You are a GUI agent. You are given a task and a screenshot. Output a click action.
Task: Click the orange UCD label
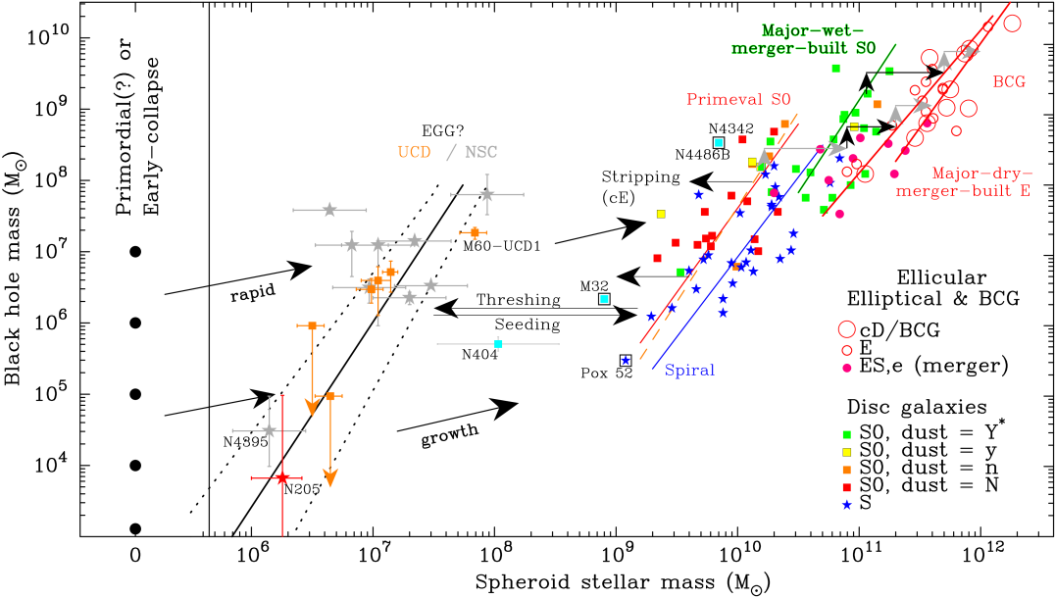coord(414,152)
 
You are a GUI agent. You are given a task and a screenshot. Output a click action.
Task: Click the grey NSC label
coord(480,152)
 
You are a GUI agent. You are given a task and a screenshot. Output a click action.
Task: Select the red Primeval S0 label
coord(737,100)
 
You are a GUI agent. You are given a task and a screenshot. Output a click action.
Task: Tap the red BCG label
coord(1008,82)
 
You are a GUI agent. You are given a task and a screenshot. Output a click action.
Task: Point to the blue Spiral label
coord(689,371)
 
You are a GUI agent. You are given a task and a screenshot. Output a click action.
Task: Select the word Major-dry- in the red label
coord(981,174)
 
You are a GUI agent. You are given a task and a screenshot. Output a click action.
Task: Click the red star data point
coord(282,478)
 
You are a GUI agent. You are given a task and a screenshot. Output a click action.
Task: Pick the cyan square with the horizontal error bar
coord(498,344)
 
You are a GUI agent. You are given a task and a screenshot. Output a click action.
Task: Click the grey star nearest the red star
coord(270,430)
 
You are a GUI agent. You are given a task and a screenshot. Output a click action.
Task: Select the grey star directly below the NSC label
coord(486,195)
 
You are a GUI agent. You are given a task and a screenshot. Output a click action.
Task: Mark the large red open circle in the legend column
coord(847,329)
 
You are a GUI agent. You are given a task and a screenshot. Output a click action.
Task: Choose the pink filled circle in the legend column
coord(847,369)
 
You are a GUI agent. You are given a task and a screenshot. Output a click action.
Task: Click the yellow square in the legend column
coord(847,452)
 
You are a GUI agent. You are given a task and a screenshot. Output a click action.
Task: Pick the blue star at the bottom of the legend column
coord(847,505)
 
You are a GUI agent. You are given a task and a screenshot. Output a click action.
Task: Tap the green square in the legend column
coord(847,434)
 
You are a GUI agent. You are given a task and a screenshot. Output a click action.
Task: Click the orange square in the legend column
coord(847,470)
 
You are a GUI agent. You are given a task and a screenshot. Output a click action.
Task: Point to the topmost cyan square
coord(719,142)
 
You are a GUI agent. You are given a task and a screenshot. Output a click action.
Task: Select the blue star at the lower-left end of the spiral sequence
coord(626,361)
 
